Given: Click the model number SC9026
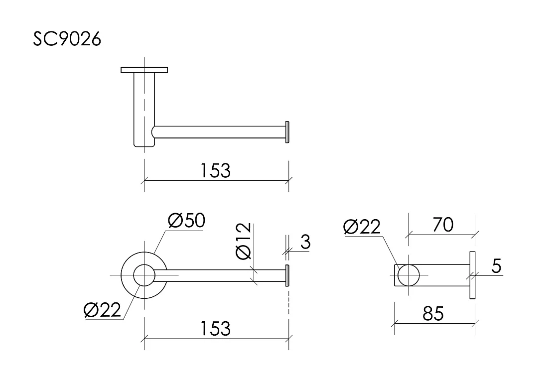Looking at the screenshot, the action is (x=67, y=39).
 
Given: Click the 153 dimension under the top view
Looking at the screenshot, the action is (x=215, y=171).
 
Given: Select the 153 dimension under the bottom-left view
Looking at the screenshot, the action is (x=215, y=329).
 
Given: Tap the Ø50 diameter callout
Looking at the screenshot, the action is (x=186, y=221).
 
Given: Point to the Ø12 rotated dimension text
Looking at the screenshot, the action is (x=244, y=241).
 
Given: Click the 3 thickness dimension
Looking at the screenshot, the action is (x=305, y=242).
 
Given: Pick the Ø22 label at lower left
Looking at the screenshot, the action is (x=102, y=310).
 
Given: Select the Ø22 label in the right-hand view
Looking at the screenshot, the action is (x=362, y=227).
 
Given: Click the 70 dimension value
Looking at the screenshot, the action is (x=443, y=225).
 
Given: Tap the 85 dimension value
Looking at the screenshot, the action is (x=433, y=313).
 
